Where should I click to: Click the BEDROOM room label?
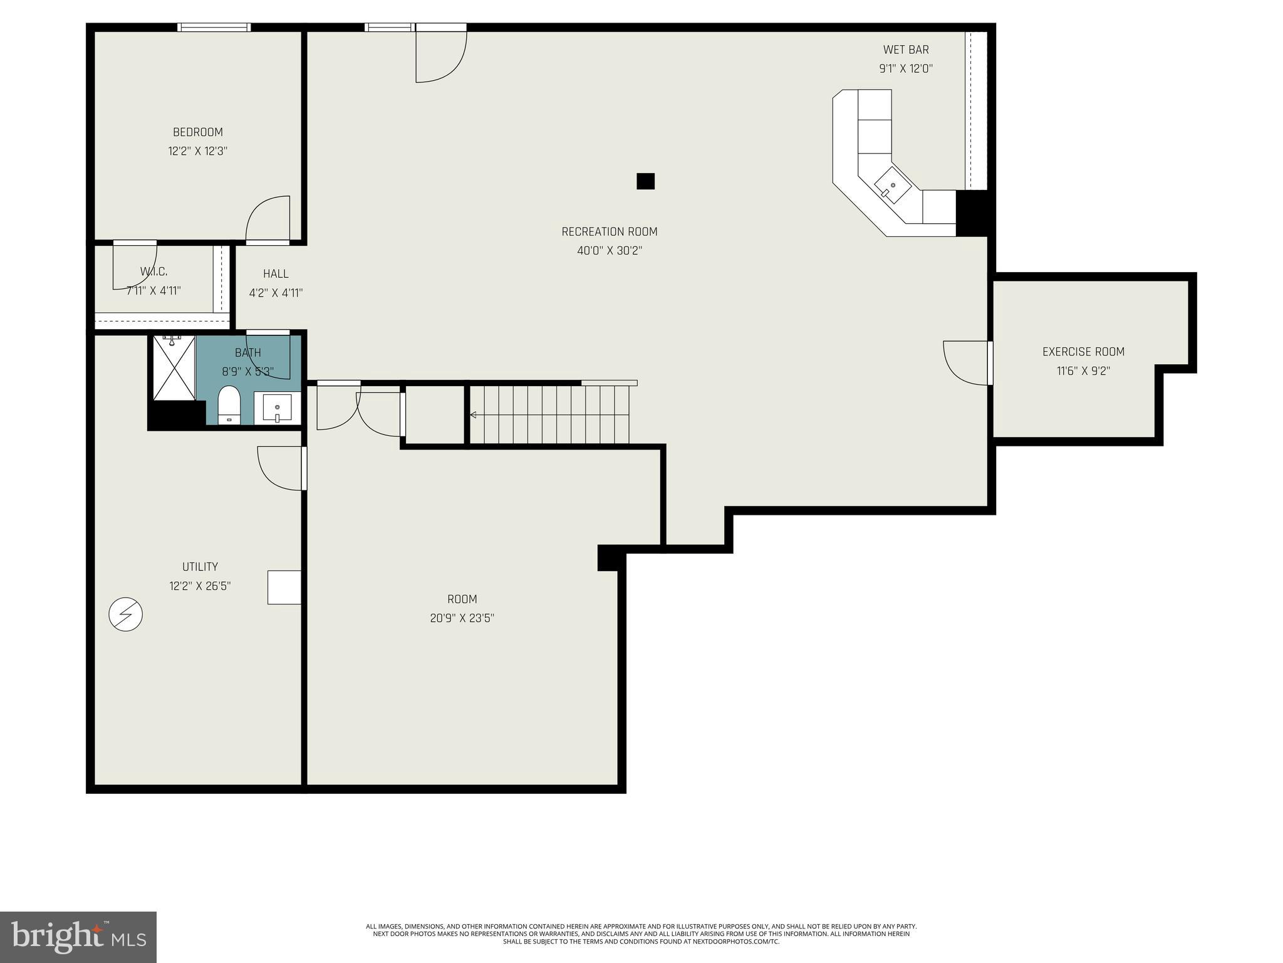click(197, 132)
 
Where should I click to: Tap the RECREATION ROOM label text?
click(609, 232)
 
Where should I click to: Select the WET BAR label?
click(905, 50)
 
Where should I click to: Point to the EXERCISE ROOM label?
click(1083, 352)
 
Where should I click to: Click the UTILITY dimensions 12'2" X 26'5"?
click(200, 586)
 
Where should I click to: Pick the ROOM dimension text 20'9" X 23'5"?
click(462, 618)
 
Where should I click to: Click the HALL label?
click(276, 274)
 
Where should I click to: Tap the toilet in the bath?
click(229, 405)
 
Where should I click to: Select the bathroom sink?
click(277, 409)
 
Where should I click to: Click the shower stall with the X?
click(174, 368)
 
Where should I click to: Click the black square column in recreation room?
click(645, 181)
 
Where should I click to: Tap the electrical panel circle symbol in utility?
click(125, 614)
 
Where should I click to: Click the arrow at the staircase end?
click(473, 414)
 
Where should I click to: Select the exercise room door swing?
click(965, 362)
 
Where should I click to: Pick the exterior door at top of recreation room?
click(441, 55)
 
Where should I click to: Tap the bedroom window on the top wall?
click(214, 27)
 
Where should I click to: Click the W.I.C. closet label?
click(153, 271)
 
